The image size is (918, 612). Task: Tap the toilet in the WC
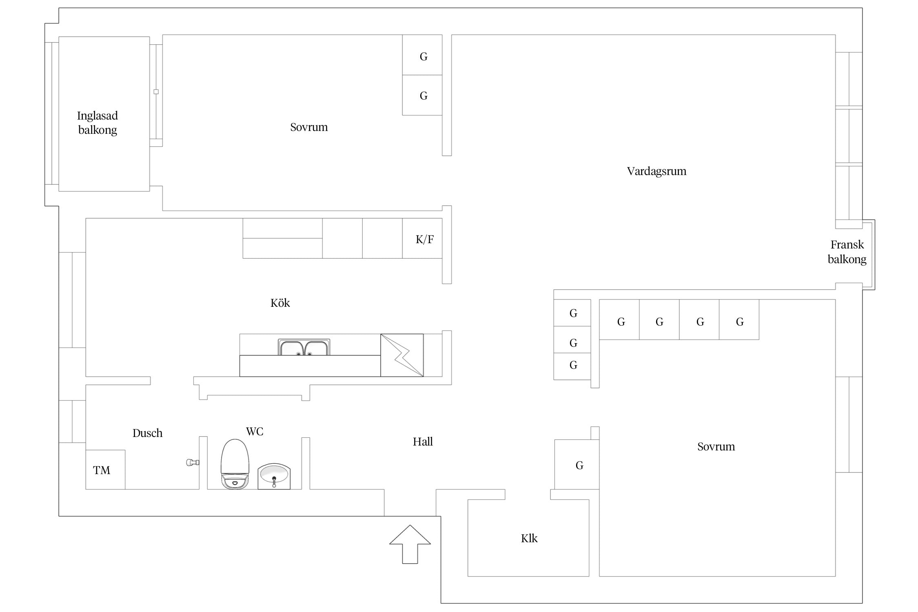point(235,464)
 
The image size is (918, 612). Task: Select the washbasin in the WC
point(274,476)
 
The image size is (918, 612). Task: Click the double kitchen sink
point(304,347)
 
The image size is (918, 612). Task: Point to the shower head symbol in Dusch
point(193,462)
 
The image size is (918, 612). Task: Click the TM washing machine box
point(105,470)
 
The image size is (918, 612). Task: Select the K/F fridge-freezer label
point(424,239)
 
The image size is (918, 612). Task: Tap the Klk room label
point(529,538)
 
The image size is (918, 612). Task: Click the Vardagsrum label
point(656,171)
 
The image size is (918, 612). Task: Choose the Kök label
point(280,303)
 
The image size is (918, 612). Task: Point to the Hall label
point(423,441)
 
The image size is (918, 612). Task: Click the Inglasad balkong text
point(98,123)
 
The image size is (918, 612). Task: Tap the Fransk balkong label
point(847,252)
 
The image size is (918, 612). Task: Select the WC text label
point(255,431)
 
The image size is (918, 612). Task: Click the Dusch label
point(147,433)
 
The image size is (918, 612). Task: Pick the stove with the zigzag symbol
point(402,355)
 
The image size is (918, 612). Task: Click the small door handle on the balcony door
point(156,92)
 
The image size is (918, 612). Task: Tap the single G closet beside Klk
point(577,464)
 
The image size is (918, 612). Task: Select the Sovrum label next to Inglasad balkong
point(309,127)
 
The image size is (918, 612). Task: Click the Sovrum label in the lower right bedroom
point(716,446)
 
